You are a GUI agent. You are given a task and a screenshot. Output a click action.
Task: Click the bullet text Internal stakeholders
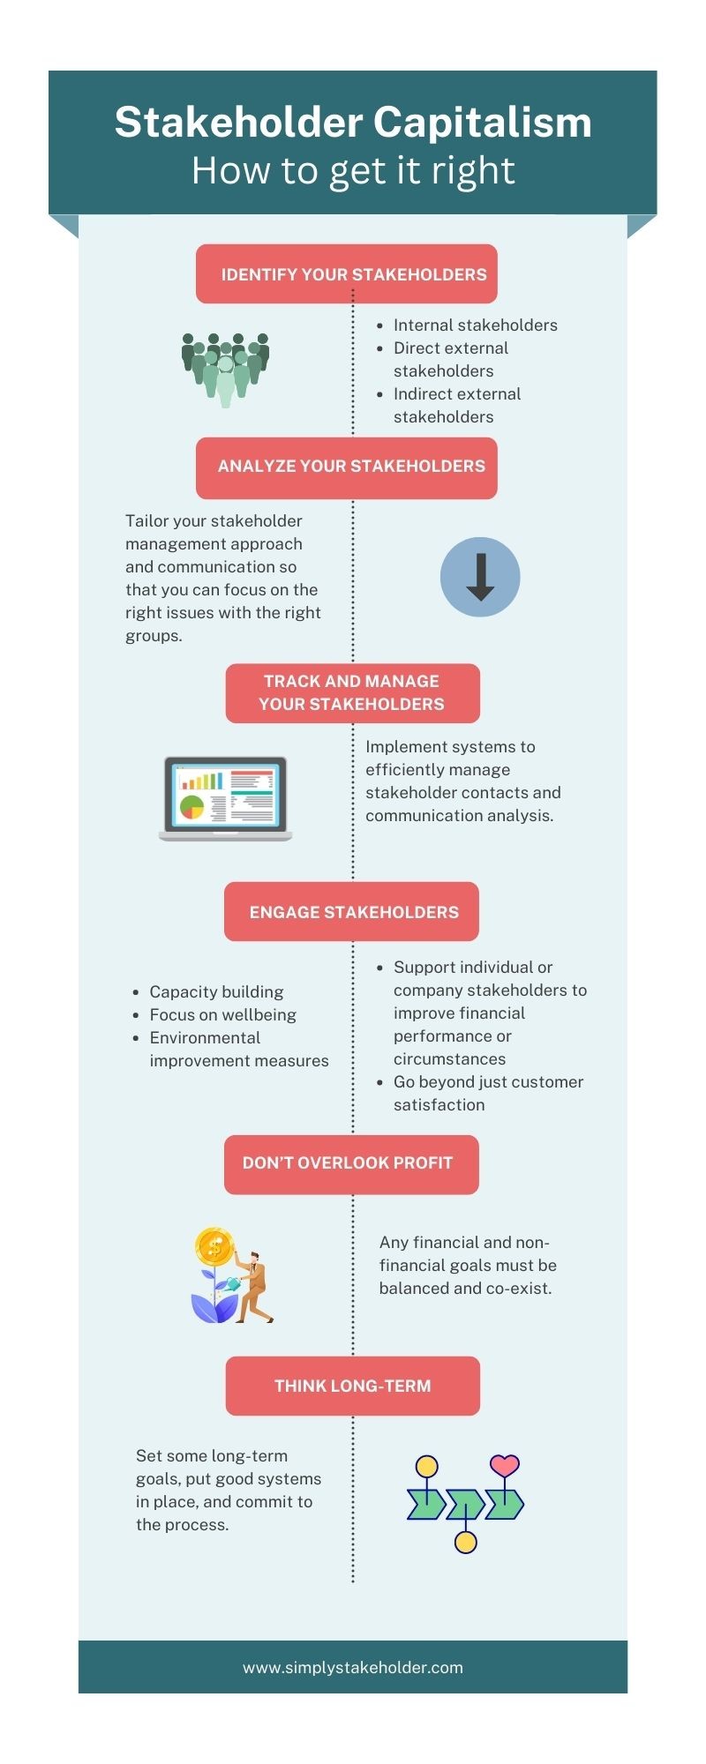click(x=475, y=325)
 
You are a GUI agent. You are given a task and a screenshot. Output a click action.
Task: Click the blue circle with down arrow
click(x=480, y=577)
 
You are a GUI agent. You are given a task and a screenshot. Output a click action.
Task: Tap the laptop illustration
click(x=226, y=798)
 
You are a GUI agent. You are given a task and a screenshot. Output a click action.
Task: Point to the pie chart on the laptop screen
click(x=192, y=806)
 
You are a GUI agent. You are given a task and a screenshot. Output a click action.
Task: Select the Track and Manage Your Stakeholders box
click(x=352, y=692)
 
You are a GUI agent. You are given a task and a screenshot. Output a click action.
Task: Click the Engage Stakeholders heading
click(x=352, y=912)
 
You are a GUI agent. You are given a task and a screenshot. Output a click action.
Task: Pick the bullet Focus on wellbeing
click(x=222, y=1015)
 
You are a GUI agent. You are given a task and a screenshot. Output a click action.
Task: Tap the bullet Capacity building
click(x=216, y=992)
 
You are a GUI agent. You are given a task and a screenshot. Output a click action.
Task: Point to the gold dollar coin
click(x=214, y=1247)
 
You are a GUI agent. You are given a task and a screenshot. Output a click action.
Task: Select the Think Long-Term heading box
click(x=352, y=1386)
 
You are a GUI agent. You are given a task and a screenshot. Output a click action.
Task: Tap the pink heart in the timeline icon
click(x=504, y=1465)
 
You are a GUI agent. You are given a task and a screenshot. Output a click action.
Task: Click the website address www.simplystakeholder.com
click(x=352, y=1668)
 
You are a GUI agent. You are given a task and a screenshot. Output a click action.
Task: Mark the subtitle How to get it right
click(x=353, y=171)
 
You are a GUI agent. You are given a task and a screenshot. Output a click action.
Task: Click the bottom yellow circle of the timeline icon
click(x=465, y=1543)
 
